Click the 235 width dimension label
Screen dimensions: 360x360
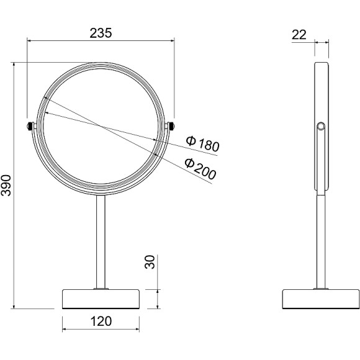point(101,33)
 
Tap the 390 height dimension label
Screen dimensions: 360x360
point(6,186)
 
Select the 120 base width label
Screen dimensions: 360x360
point(101,321)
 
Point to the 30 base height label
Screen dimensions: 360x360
point(150,262)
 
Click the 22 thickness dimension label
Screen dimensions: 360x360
point(299,35)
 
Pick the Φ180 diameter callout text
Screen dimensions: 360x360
point(202,144)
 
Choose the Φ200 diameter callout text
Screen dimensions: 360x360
point(200,169)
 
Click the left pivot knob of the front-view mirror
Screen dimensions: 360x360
point(29,126)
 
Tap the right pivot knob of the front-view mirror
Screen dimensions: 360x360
point(172,126)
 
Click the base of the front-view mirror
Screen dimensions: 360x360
point(101,299)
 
